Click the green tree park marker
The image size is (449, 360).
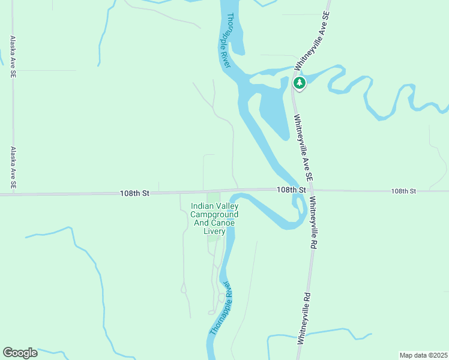pos(299,82)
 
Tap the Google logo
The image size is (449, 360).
pos(20,353)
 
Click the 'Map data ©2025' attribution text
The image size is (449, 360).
pos(423,355)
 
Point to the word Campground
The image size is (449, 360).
pos(214,214)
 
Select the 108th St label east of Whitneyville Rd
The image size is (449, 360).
pos(403,191)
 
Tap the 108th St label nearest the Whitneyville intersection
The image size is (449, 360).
pos(292,190)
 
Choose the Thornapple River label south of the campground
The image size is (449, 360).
pos(220,307)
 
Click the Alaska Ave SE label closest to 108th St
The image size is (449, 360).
pos(13,168)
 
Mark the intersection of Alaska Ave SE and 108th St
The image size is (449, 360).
pos(13,194)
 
